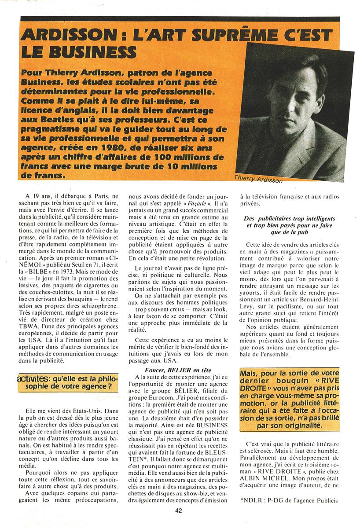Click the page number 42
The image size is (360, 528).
point(178,510)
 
